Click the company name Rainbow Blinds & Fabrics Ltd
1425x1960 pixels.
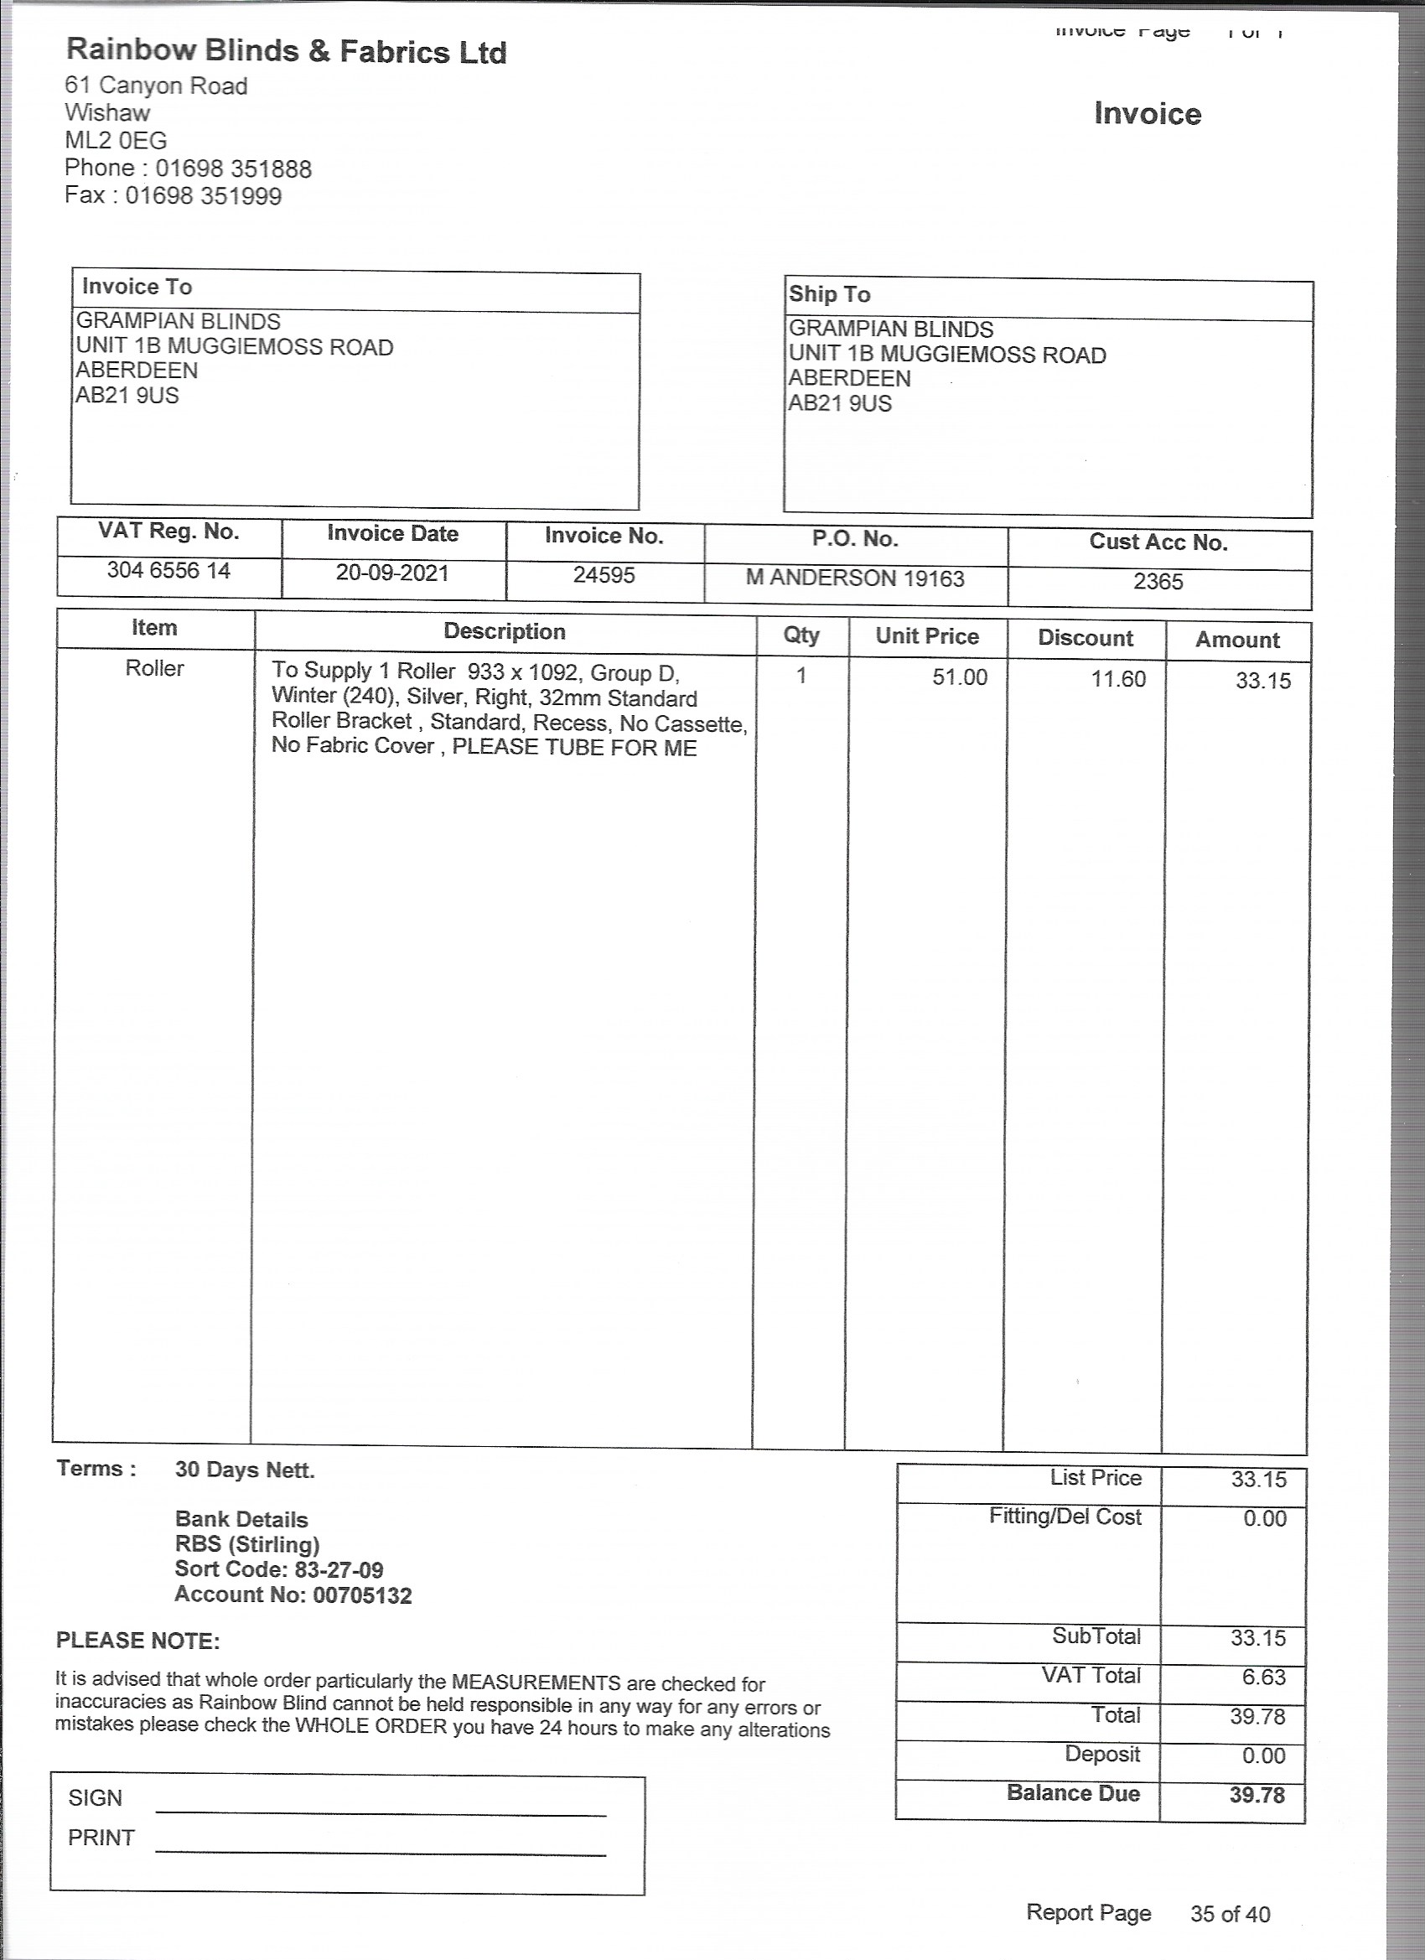[x=286, y=51]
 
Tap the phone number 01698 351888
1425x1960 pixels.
[x=233, y=169]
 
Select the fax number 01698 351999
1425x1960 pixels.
[x=203, y=196]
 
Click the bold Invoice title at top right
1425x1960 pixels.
[x=1147, y=114]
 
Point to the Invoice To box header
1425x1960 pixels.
[x=137, y=287]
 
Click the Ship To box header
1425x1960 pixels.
[x=829, y=295]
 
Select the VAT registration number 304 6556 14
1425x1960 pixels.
[x=168, y=570]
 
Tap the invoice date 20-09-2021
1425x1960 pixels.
[x=392, y=573]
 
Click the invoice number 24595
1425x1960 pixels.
[x=604, y=576]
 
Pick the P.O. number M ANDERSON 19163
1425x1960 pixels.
[x=855, y=578]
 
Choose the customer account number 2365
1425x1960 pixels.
[x=1158, y=582]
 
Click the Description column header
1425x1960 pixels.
[x=505, y=632]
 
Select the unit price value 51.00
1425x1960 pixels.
[x=959, y=677]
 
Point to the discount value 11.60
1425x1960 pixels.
[x=1118, y=679]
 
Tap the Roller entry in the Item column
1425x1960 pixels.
[x=155, y=669]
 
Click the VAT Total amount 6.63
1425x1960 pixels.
[x=1263, y=1677]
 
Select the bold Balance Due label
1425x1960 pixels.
[x=1072, y=1793]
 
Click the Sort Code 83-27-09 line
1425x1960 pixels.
[x=279, y=1570]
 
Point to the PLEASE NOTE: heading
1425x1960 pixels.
[x=138, y=1641]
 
